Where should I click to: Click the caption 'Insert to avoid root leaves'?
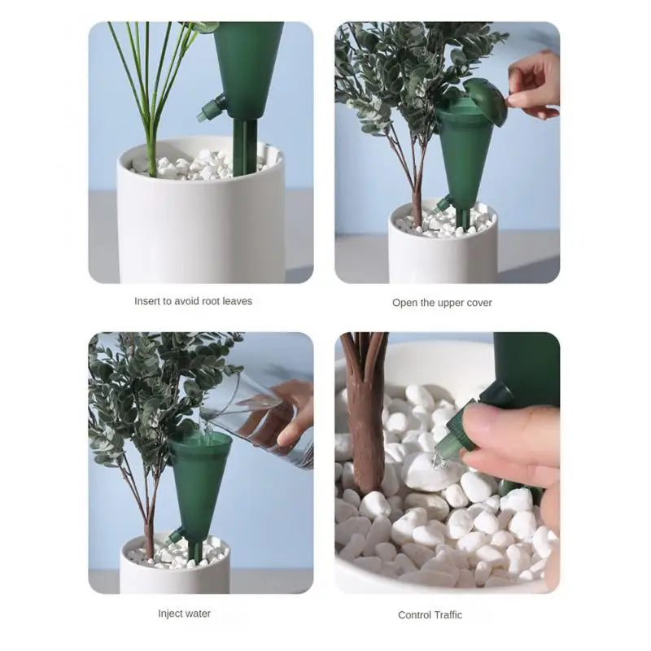(x=193, y=301)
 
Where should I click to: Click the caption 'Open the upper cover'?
(x=442, y=303)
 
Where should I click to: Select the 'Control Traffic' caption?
(x=430, y=615)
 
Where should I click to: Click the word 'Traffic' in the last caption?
(x=446, y=615)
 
